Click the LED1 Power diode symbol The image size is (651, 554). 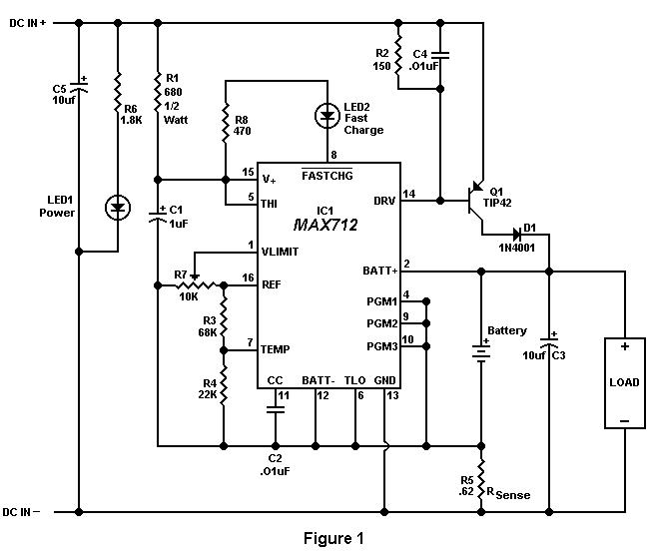pyautogui.click(x=118, y=208)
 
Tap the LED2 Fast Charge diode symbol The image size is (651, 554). pyautogui.click(x=327, y=116)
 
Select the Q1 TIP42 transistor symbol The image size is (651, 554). pyautogui.click(x=475, y=202)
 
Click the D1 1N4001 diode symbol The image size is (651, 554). pyautogui.click(x=517, y=235)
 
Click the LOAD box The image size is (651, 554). pyautogui.click(x=624, y=383)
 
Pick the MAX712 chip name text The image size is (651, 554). pyautogui.click(x=325, y=225)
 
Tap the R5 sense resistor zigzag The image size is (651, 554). pyautogui.click(x=481, y=479)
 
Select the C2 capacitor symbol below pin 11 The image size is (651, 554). pyautogui.click(x=275, y=409)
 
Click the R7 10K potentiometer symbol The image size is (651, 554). pyautogui.click(x=195, y=283)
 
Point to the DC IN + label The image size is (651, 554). pyautogui.click(x=27, y=23)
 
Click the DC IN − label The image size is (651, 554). pyautogui.click(x=21, y=512)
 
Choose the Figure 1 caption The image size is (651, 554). pyautogui.click(x=333, y=538)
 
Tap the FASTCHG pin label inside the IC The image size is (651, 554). pyautogui.click(x=327, y=176)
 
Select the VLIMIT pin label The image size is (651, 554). pyautogui.click(x=280, y=252)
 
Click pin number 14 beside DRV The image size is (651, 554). pyautogui.click(x=409, y=194)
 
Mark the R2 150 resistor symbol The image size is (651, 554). pyautogui.click(x=398, y=55)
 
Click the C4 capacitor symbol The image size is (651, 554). pyautogui.click(x=440, y=55)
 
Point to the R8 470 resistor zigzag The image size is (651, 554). pyautogui.click(x=225, y=124)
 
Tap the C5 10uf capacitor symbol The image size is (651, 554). pyautogui.click(x=79, y=87)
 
